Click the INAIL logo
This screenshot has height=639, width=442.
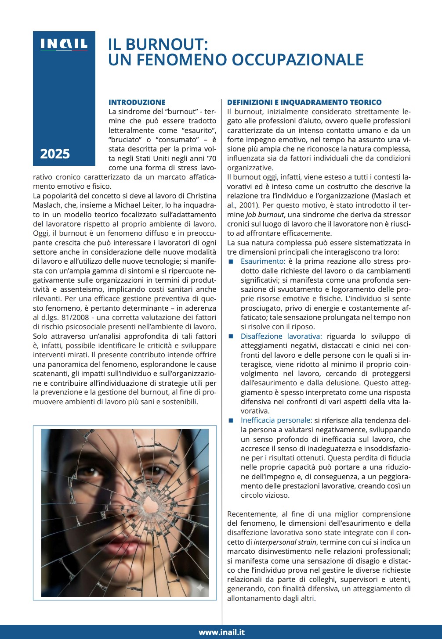(64, 44)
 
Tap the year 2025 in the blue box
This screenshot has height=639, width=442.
(55, 154)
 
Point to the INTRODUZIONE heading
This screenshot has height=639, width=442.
(137, 102)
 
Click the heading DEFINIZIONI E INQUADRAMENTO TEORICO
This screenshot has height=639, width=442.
(304, 102)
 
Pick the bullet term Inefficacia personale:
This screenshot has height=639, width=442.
(276, 420)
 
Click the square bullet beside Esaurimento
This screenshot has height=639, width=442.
(231, 262)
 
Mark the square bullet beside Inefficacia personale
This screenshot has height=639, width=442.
(231, 420)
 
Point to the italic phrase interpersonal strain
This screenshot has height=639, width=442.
(285, 542)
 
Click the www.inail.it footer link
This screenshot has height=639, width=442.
(221, 632)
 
